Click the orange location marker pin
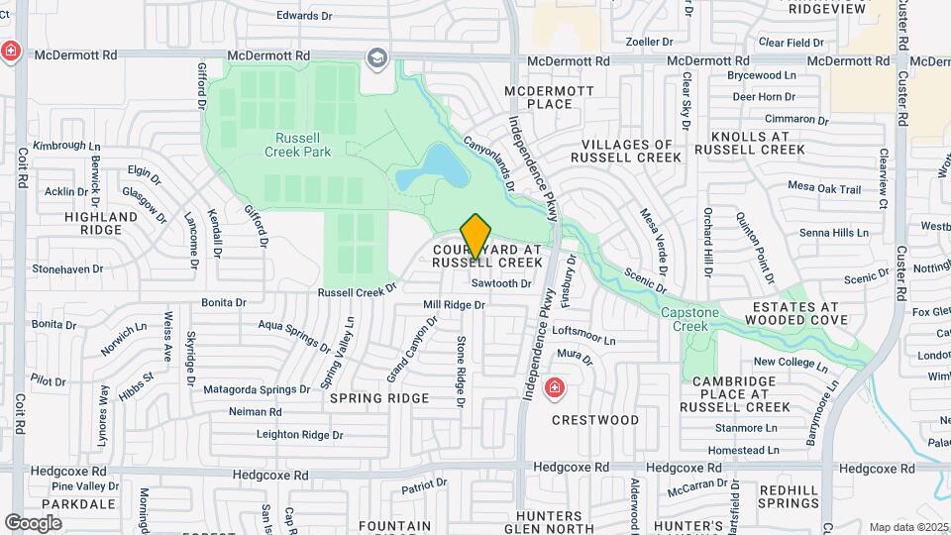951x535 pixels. [476, 237]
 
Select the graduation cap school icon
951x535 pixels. [376, 58]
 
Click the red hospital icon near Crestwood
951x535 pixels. [555, 387]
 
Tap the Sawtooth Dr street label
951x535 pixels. [501, 283]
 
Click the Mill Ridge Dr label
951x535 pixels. [454, 305]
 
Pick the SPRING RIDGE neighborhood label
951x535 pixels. [379, 398]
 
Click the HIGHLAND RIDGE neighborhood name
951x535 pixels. [101, 223]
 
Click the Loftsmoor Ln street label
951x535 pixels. [583, 334]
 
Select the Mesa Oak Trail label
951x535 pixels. [824, 186]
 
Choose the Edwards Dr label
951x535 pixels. [303, 16]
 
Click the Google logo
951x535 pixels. [34, 522]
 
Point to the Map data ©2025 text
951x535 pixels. [908, 527]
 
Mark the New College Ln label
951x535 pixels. [790, 362]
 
